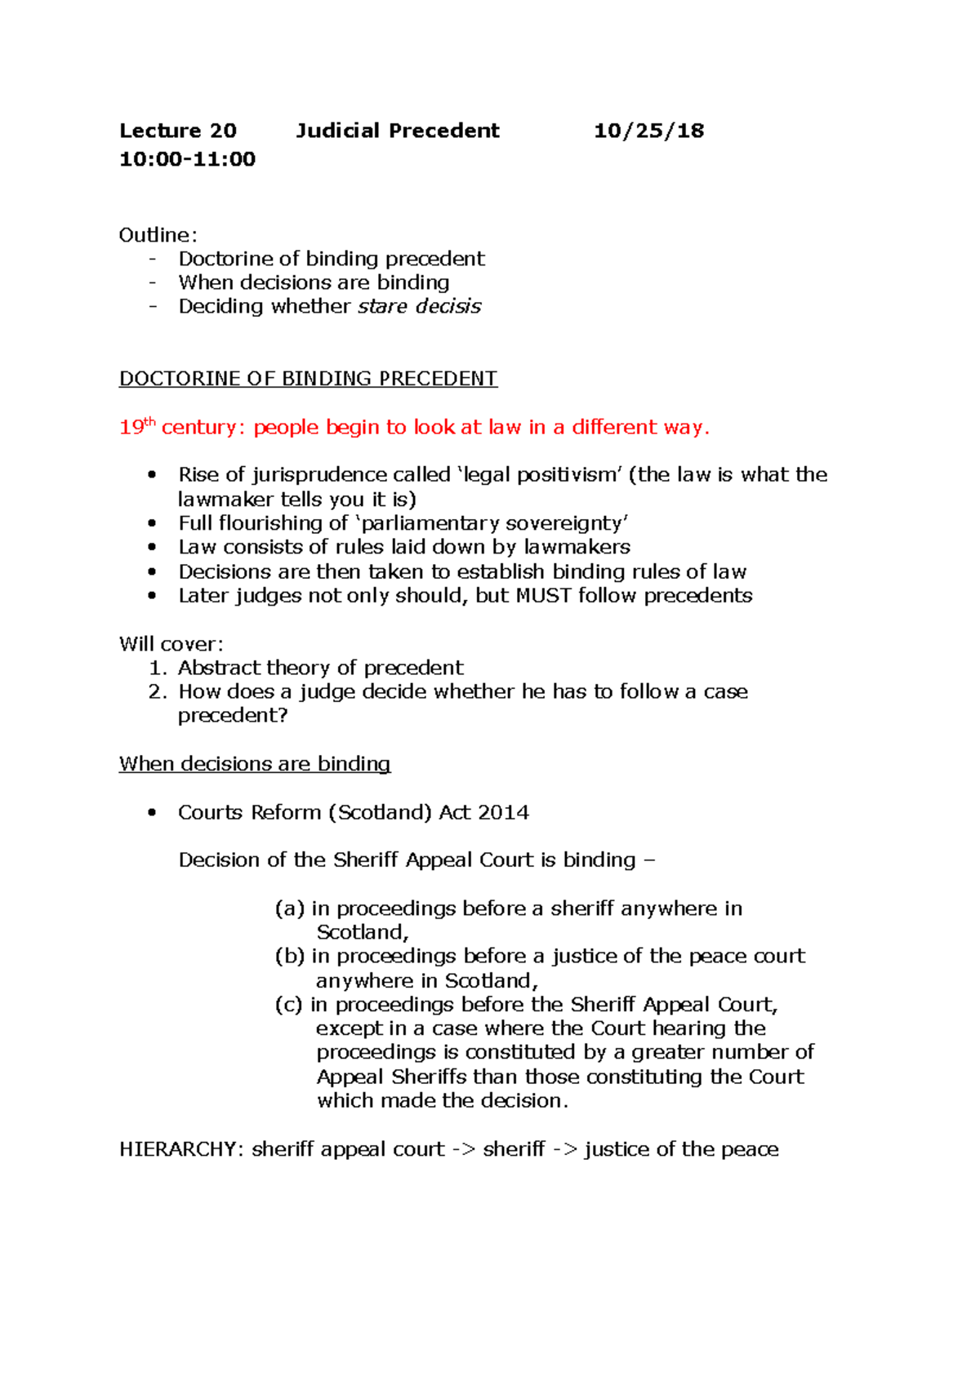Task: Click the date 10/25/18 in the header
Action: (x=648, y=131)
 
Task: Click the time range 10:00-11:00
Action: (x=187, y=159)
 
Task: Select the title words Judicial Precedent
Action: (x=397, y=131)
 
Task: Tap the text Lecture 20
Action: (x=177, y=131)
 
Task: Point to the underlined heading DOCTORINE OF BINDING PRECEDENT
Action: (x=308, y=379)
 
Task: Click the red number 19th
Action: (x=136, y=427)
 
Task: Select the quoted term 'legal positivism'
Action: (x=539, y=475)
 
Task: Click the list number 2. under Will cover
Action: (x=158, y=691)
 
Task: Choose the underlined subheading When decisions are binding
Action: (x=255, y=764)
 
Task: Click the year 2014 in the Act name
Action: (x=503, y=812)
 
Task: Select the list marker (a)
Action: (x=289, y=908)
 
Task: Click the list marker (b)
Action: (x=289, y=956)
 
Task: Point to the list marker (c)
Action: (x=288, y=1004)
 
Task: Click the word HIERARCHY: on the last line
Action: (x=181, y=1149)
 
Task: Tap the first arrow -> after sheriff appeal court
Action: (x=464, y=1149)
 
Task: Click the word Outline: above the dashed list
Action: (x=158, y=235)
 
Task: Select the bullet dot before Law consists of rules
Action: (x=152, y=547)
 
